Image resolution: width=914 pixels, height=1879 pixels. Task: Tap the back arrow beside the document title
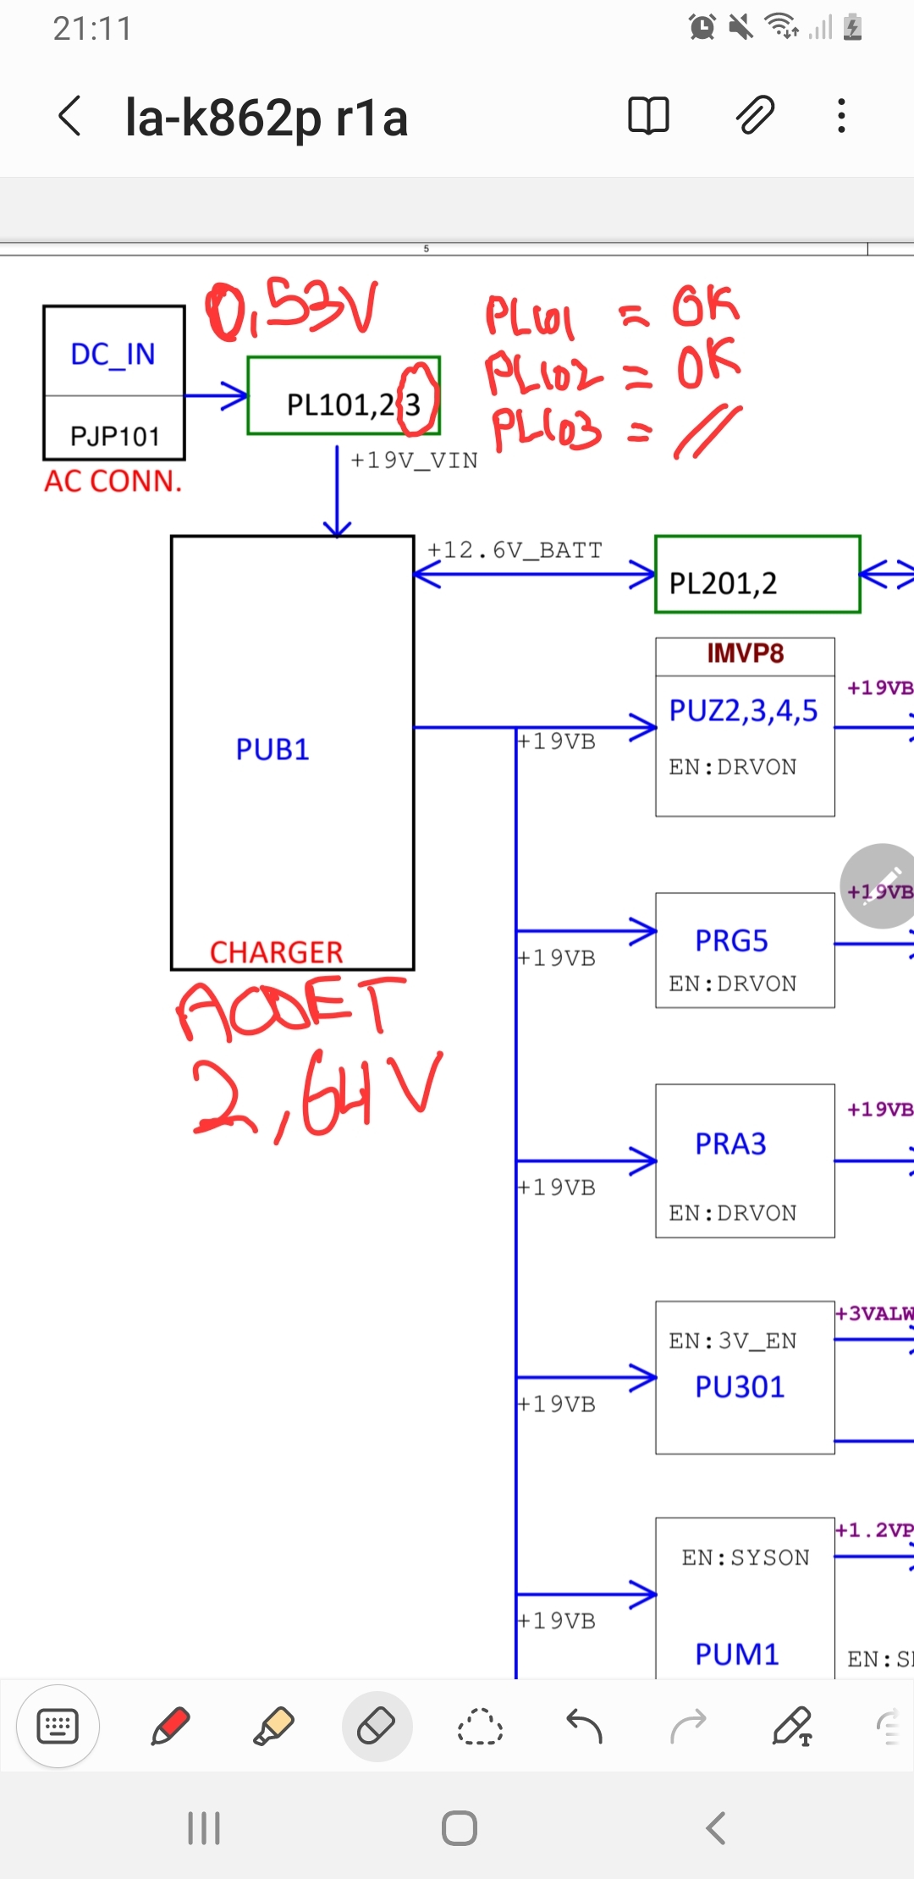point(70,116)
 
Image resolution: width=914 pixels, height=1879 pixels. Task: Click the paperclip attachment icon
point(754,115)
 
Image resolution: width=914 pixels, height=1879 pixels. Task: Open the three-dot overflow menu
point(841,115)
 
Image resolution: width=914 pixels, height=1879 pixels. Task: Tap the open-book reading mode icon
point(648,115)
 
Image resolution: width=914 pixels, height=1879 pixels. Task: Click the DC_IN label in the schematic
point(113,354)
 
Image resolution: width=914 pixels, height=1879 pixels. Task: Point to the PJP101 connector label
point(114,436)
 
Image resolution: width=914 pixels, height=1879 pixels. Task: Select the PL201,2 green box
point(757,575)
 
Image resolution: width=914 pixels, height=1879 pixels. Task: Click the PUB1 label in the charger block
point(273,750)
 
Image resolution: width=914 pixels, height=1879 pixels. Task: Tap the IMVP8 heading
point(745,653)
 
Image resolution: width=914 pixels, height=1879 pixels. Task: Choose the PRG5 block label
point(731,940)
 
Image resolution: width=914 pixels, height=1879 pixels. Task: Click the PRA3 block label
point(730,1143)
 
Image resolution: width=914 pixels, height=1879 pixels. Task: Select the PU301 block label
point(740,1386)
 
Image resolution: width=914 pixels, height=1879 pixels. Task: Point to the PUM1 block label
point(736,1654)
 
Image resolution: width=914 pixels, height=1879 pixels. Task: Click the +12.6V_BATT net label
point(515,550)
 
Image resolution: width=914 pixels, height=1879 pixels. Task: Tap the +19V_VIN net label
point(414,460)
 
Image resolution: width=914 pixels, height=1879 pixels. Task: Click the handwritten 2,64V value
point(317,1092)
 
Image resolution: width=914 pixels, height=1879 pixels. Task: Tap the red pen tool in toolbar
point(170,1726)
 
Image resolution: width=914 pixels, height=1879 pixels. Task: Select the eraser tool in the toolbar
point(377,1726)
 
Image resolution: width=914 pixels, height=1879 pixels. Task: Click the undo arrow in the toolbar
point(584,1726)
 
